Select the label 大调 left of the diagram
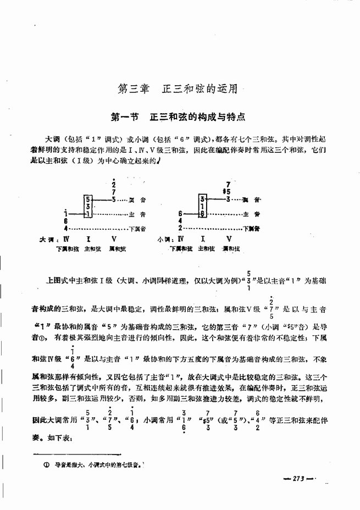coord(47,240)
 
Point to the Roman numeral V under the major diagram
coord(113,240)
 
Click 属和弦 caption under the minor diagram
coord(230,249)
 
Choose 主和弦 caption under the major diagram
coord(90,249)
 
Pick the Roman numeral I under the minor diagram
coord(203,240)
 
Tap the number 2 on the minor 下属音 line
coord(180,228)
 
